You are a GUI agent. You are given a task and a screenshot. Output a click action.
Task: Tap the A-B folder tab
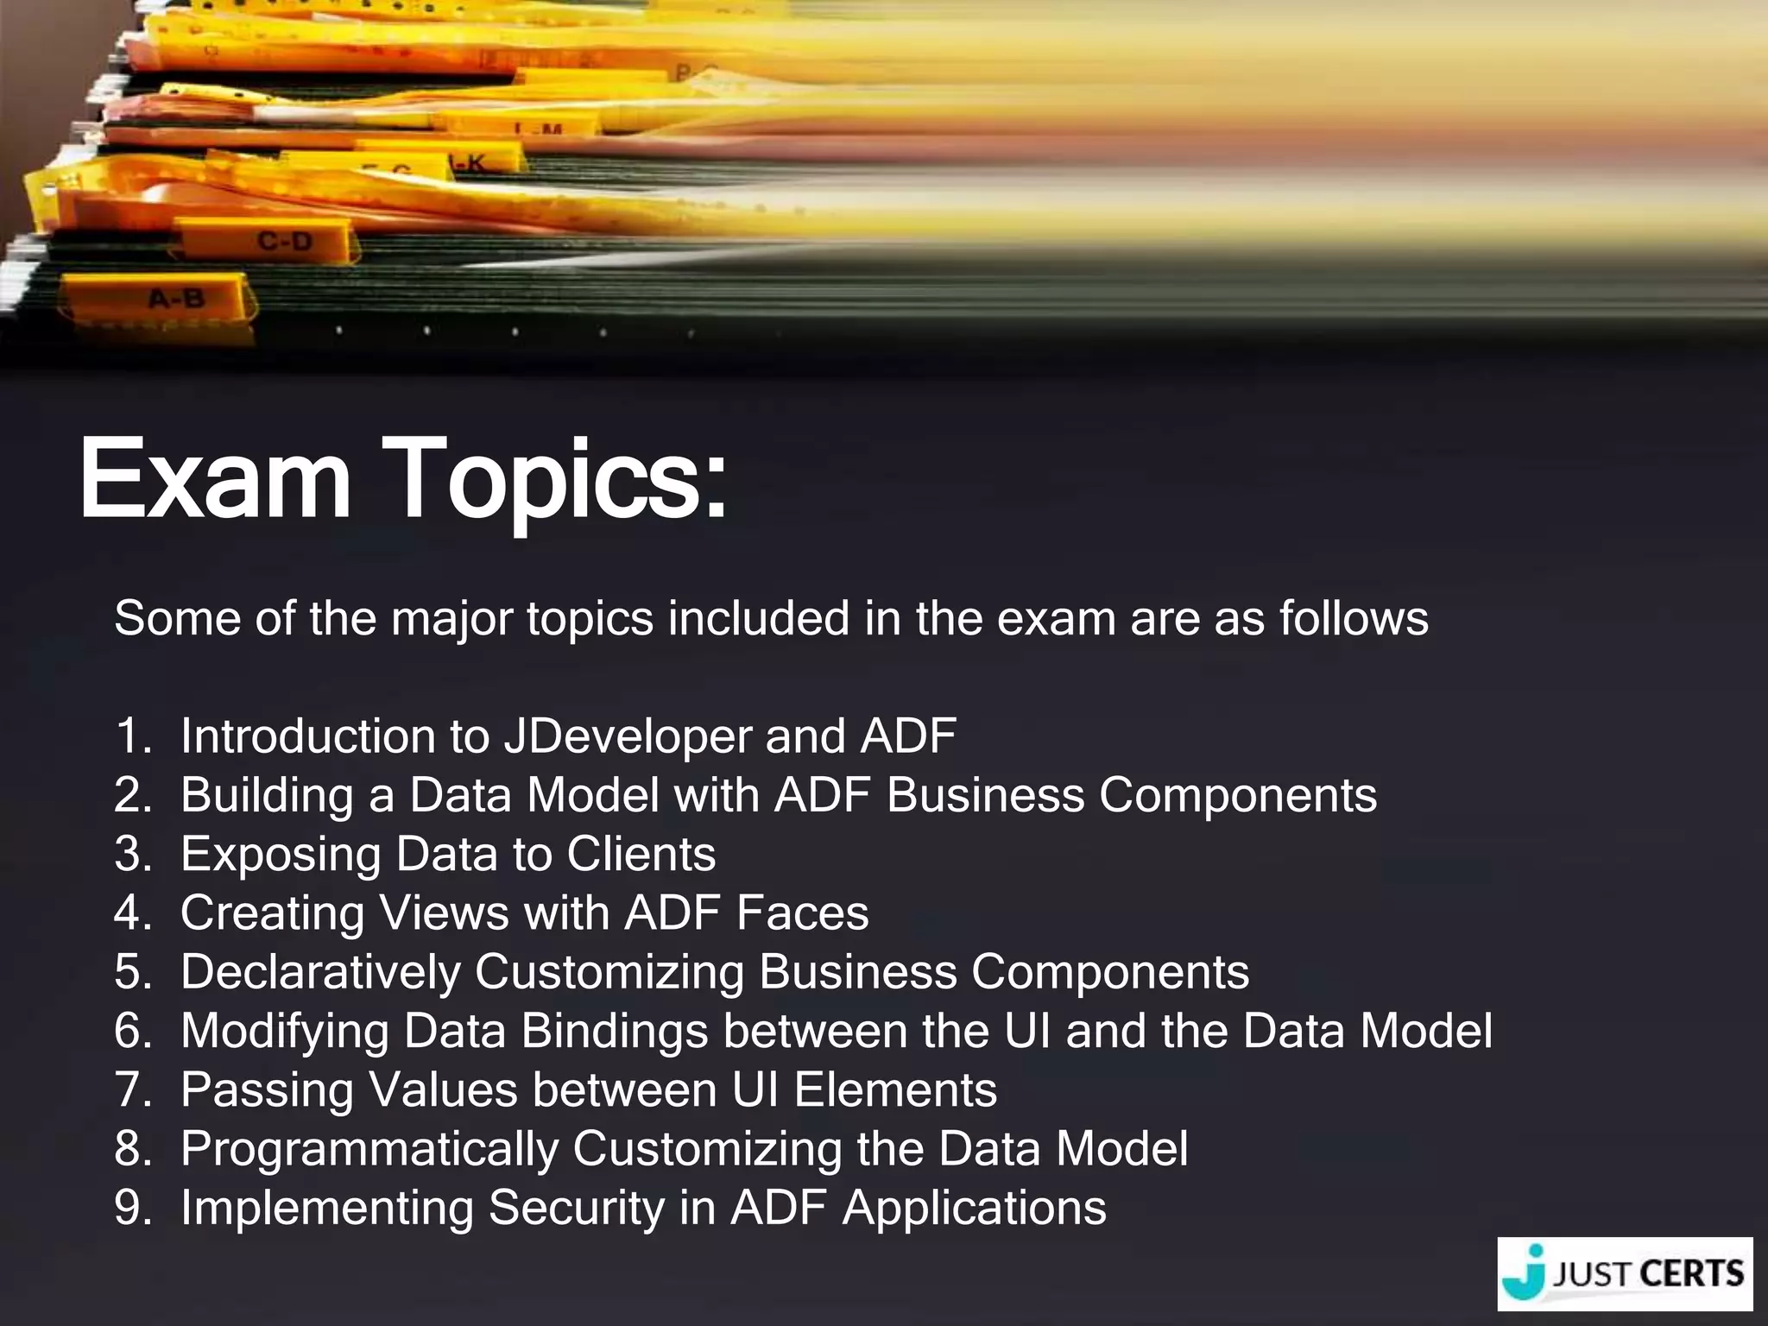click(177, 299)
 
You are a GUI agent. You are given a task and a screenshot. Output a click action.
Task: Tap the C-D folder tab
click(285, 241)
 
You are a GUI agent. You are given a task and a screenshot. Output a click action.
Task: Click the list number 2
click(132, 795)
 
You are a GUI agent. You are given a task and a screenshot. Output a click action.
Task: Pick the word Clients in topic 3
click(641, 854)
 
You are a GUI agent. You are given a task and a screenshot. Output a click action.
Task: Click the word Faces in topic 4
click(802, 913)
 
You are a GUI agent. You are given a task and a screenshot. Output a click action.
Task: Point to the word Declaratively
click(320, 973)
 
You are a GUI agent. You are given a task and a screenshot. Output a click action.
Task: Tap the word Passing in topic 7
click(266, 1091)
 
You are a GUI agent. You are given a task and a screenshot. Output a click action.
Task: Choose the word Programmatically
click(369, 1150)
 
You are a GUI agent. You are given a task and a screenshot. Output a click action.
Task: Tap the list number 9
click(132, 1209)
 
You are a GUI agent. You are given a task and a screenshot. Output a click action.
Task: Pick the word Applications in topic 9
click(974, 1209)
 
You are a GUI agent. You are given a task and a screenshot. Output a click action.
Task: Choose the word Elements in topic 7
click(895, 1090)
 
